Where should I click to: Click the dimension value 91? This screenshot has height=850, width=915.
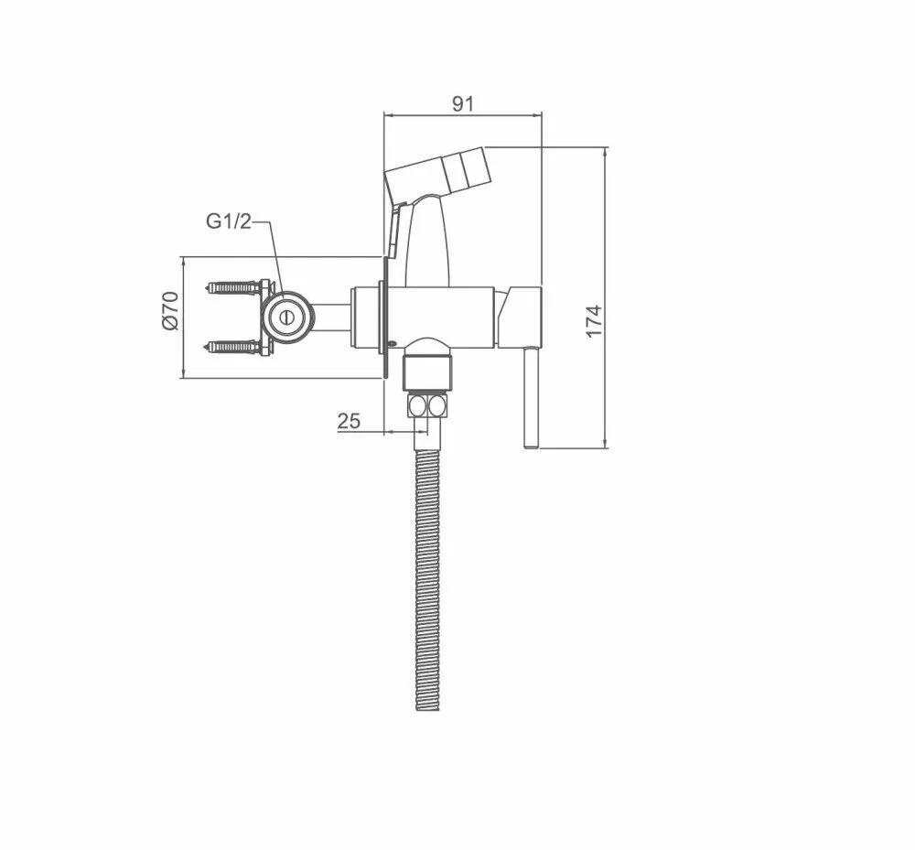click(463, 103)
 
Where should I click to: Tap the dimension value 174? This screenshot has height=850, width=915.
click(594, 320)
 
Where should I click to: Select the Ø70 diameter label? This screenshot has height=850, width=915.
click(169, 311)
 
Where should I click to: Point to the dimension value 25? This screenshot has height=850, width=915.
click(349, 420)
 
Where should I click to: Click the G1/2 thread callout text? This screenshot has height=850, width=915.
click(228, 221)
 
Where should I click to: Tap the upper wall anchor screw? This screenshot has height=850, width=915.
click(234, 287)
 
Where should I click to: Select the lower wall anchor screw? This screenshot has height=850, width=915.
click(234, 347)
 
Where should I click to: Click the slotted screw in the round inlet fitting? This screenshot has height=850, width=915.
click(285, 317)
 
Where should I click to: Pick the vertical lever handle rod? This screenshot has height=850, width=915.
click(531, 398)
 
